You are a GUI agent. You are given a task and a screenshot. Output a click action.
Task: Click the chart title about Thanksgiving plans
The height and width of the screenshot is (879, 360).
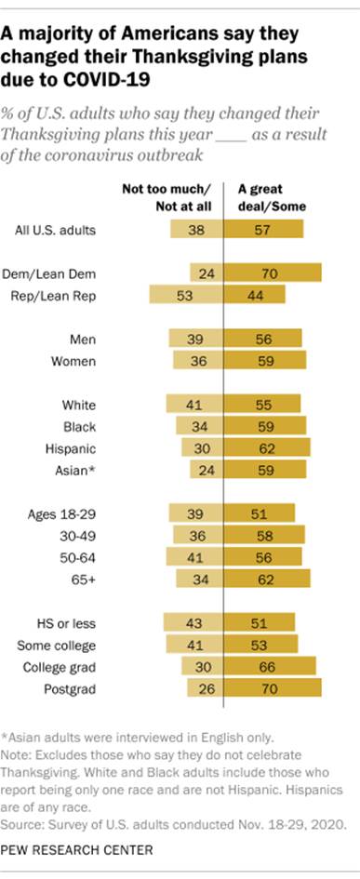click(149, 54)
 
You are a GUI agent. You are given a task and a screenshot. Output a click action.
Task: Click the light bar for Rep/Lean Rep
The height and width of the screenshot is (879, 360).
click(186, 295)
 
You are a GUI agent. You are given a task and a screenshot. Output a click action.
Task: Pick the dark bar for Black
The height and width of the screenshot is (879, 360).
click(265, 426)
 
